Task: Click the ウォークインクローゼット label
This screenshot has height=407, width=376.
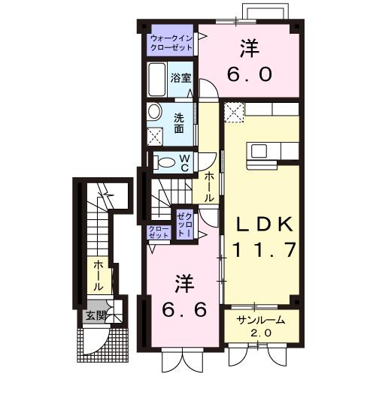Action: point(171,42)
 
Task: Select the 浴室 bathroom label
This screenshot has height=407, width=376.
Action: point(180,77)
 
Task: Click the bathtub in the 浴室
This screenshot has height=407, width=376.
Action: point(157,78)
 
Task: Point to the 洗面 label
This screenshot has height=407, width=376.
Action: point(180,122)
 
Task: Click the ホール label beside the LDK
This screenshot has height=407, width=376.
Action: point(210,185)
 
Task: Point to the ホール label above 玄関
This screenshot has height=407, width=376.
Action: point(98,276)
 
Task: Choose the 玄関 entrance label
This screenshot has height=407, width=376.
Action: point(94,315)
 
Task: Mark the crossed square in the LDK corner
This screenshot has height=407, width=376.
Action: point(233,113)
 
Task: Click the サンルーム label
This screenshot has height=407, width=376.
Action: point(260,321)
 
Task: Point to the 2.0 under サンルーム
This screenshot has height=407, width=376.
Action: point(260,333)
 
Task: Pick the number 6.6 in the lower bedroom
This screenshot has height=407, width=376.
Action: point(185,309)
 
